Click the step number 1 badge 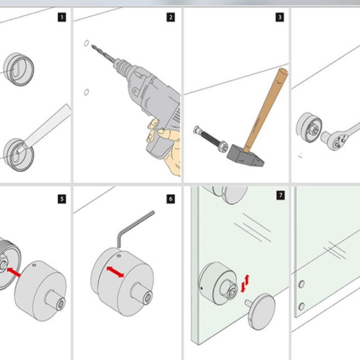62,18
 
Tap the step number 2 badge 171,18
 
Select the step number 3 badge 280,18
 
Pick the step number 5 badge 62,198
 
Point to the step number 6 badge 171,198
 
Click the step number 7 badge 280,196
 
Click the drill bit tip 93,45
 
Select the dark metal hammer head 245,155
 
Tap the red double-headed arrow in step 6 115,272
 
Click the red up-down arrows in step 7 245,283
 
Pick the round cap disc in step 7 262,310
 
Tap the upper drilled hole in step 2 85,43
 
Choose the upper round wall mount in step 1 19,70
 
